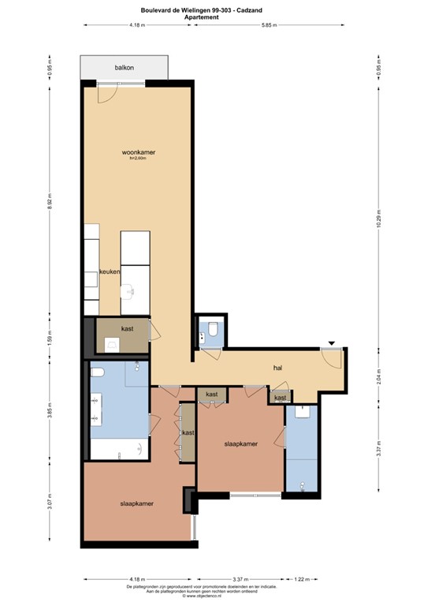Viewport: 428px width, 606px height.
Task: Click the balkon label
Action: (x=125, y=68)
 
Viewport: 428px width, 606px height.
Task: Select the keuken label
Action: (x=109, y=271)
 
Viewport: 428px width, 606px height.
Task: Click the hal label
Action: (x=278, y=368)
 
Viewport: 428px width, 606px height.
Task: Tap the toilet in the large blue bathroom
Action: (x=97, y=372)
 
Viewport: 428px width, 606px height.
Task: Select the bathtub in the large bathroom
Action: (x=118, y=449)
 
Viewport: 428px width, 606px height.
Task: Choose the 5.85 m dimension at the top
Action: (x=274, y=25)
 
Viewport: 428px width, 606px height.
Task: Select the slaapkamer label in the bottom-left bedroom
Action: (x=136, y=503)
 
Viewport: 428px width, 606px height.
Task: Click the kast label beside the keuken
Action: (x=127, y=328)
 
